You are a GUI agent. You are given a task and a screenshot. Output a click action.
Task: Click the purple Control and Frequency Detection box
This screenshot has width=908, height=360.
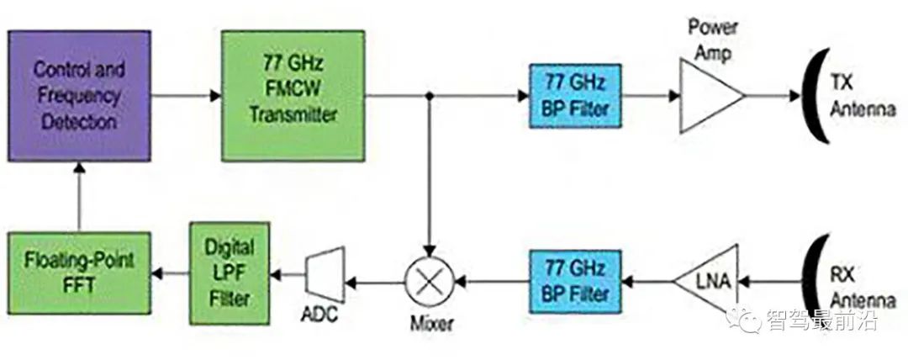tap(80, 95)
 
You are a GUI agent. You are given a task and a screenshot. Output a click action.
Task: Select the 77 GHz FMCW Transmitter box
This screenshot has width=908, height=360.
tap(293, 95)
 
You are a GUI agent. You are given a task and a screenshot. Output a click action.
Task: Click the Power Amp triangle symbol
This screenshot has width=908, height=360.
tap(708, 95)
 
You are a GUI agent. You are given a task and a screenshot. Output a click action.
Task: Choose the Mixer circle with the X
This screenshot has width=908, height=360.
tap(430, 281)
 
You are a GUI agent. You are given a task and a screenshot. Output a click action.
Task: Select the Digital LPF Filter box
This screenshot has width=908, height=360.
tap(230, 273)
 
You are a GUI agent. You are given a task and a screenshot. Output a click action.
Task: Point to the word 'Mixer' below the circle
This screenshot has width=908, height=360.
tap(430, 323)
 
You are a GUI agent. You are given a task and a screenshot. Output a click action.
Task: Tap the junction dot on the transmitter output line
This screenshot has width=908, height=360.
tap(430, 96)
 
